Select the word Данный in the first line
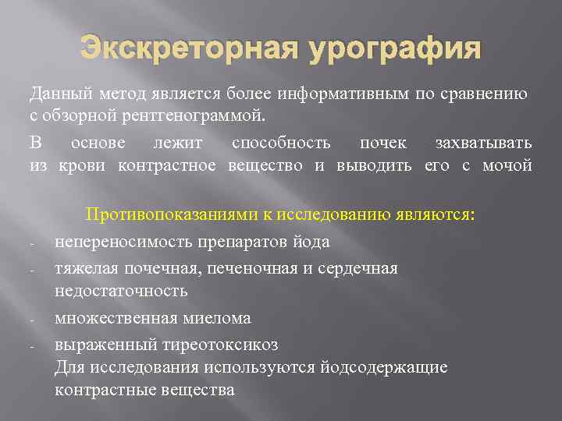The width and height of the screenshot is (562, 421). point(57,95)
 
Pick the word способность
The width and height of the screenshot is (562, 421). point(282,143)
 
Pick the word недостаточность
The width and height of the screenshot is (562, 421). point(121,291)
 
